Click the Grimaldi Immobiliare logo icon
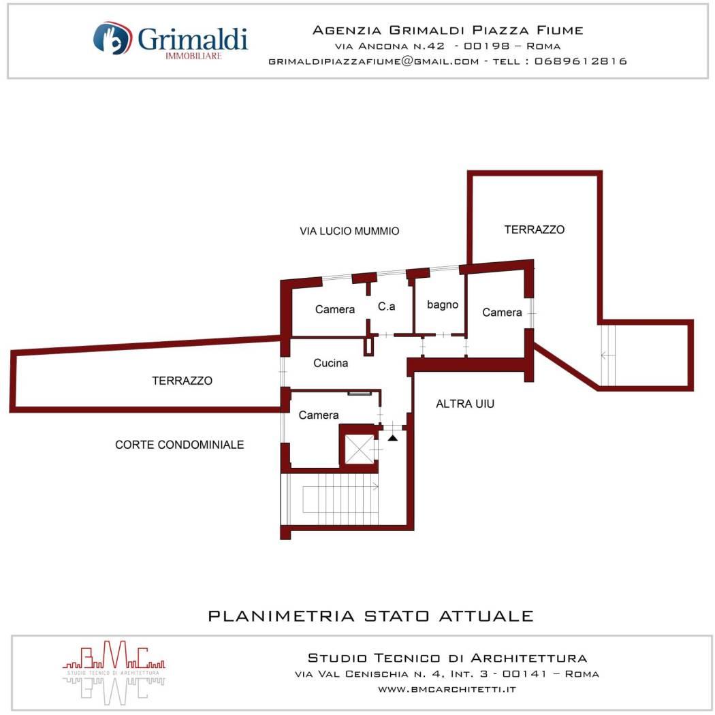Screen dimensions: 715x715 point(112,38)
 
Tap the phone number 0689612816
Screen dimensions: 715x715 point(580,61)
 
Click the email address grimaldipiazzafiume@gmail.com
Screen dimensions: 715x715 point(373,61)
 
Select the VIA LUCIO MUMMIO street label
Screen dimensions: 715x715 point(349,232)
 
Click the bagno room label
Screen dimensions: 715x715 point(443,304)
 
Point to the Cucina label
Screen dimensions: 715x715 point(330,363)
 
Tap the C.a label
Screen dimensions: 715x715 point(386,306)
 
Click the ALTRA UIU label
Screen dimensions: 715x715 point(464,404)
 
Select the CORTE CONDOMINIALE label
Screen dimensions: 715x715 point(179,445)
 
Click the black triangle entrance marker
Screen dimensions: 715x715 point(393,439)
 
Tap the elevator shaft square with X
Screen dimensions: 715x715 point(360,449)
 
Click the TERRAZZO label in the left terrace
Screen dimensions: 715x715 point(182,381)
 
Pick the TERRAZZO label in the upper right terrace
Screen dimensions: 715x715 point(535,229)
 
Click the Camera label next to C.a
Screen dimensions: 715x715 point(335,309)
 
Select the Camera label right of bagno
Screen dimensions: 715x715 point(502,313)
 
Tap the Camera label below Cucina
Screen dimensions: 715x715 point(318,415)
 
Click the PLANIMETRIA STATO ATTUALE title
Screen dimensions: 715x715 point(370,616)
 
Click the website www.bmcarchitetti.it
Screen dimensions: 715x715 point(447,689)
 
